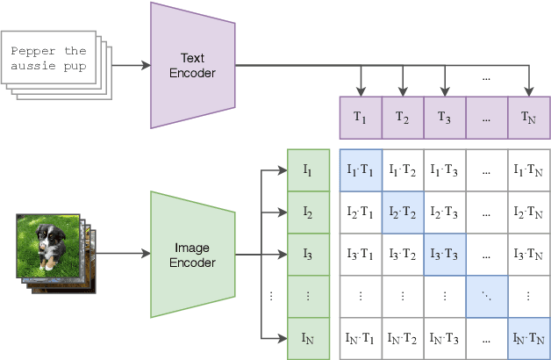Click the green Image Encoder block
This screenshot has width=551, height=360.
click(x=192, y=255)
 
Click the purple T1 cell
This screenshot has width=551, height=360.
click(x=361, y=119)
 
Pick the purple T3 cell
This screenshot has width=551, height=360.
click(x=445, y=119)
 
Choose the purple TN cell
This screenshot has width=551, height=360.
click(x=529, y=119)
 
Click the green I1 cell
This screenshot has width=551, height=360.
click(x=308, y=171)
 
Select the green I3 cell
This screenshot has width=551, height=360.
click(x=308, y=255)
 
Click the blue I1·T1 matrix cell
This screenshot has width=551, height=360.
click(x=361, y=171)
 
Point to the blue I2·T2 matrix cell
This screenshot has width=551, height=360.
click(x=403, y=213)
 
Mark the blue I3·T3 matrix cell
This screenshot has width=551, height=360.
click(x=445, y=255)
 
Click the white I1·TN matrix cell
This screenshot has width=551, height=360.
click(x=529, y=171)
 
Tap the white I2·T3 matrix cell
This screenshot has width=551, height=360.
click(x=445, y=213)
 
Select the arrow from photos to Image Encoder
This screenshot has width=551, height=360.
click(x=123, y=255)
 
